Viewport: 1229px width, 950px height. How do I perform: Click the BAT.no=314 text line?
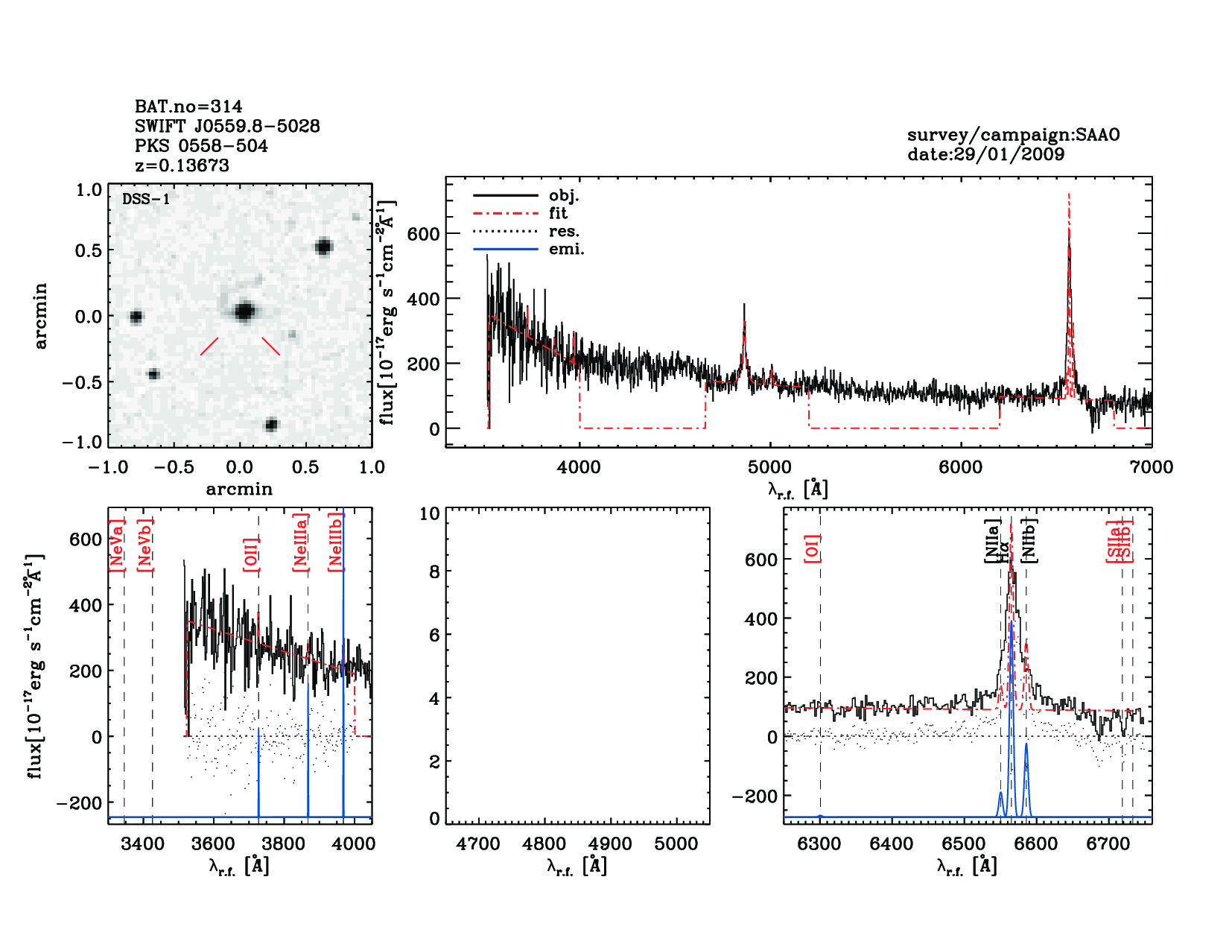click(188, 107)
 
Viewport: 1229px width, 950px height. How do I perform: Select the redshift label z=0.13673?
click(182, 165)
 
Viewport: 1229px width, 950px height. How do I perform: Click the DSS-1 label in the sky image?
click(146, 199)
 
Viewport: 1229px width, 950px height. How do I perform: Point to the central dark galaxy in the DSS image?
click(244, 311)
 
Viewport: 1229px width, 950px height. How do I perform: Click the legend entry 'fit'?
click(558, 214)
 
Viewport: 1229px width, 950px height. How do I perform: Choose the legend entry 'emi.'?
click(566, 250)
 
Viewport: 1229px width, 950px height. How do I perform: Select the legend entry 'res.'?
click(564, 232)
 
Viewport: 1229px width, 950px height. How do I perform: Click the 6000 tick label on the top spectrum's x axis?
click(960, 467)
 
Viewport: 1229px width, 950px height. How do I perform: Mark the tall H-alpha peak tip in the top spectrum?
click(1069, 195)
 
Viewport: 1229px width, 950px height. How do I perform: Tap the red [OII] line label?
click(251, 554)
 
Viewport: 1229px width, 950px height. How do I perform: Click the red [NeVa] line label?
click(116, 545)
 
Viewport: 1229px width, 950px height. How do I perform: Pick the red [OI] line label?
click(812, 548)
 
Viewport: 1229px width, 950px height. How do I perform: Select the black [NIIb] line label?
click(1029, 540)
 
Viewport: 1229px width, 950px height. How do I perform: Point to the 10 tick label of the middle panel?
click(430, 513)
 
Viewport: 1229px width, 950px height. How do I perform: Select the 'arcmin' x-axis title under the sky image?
click(239, 490)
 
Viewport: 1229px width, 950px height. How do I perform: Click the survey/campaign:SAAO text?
click(1013, 135)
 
